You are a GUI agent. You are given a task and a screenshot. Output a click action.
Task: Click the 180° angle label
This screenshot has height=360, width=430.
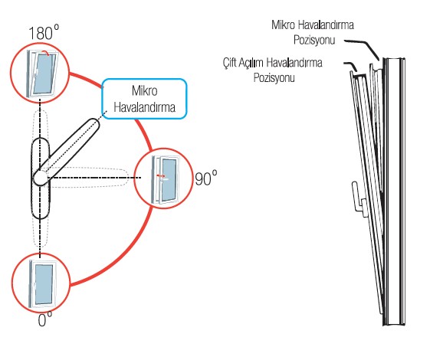click(x=44, y=32)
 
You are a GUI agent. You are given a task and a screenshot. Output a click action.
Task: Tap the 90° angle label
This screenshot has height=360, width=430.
click(x=205, y=178)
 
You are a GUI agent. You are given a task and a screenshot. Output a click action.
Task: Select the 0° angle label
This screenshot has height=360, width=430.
click(x=45, y=319)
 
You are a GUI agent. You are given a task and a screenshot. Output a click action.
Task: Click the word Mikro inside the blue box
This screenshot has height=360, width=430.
click(x=145, y=91)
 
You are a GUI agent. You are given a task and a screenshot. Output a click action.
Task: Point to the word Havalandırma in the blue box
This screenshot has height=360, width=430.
click(x=145, y=107)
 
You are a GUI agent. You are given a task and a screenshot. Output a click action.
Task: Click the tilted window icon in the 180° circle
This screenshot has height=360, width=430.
click(x=42, y=74)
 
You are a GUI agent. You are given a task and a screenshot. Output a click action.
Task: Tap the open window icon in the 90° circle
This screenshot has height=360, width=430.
click(x=165, y=180)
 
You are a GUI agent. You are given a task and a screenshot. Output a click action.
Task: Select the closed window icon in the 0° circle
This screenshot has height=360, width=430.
click(x=41, y=283)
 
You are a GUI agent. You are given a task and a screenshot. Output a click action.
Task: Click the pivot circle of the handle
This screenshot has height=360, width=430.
click(x=41, y=178)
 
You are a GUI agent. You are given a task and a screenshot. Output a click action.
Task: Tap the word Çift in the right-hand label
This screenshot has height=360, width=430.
click(x=229, y=63)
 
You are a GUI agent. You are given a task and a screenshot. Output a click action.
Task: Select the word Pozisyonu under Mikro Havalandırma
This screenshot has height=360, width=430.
click(x=314, y=40)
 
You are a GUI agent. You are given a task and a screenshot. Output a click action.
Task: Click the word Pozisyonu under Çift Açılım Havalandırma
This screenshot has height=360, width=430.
click(x=274, y=77)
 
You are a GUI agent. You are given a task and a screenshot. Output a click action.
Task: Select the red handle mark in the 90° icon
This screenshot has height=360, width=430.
click(x=161, y=175)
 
